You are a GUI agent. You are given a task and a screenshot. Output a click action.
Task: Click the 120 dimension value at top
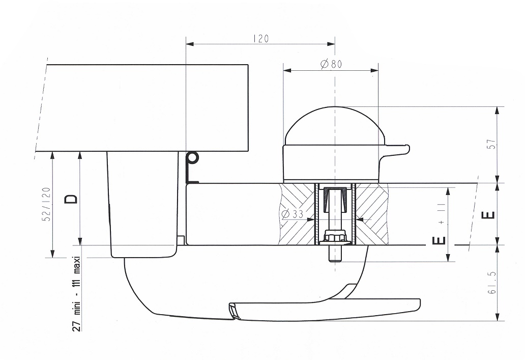coord(261,39)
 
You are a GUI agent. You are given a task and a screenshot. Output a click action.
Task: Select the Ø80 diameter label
coord(331,64)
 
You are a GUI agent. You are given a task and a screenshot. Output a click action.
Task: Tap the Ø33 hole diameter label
coord(293,214)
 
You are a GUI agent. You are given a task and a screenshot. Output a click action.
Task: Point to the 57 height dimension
coord(492,144)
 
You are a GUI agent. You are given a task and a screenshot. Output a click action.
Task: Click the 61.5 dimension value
coord(492,282)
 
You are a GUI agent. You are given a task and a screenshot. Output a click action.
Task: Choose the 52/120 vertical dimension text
coord(47,204)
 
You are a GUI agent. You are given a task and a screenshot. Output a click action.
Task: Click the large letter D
coord(71,199)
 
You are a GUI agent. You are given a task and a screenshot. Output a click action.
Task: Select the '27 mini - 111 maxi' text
coord(77,293)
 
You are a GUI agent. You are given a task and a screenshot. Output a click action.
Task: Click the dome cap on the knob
coord(334,125)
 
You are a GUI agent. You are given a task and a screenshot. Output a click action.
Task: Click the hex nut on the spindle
coord(335,237)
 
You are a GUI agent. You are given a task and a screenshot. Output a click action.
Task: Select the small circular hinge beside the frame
coord(192,157)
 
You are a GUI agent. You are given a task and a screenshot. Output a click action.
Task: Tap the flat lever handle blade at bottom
coord(324,310)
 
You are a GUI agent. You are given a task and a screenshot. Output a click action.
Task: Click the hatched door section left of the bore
coord(297,214)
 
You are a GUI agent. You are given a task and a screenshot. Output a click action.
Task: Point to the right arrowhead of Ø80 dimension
coord(374,70)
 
